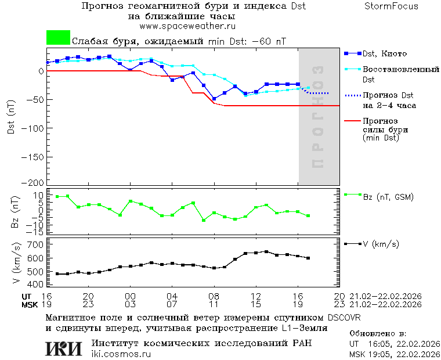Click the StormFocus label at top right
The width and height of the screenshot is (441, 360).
click(391, 6)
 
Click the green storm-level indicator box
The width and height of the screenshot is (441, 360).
click(58, 38)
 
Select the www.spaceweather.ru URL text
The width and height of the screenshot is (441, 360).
click(187, 26)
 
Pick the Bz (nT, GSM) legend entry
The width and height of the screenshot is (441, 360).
click(388, 197)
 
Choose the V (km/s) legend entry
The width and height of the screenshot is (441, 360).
click(381, 244)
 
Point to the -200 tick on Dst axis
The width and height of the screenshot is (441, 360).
click(34, 182)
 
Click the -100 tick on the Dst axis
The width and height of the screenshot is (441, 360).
click(34, 127)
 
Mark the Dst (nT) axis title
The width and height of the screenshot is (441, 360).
click(12, 117)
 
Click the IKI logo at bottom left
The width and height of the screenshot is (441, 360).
click(64, 348)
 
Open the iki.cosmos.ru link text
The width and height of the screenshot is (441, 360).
click(121, 354)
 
